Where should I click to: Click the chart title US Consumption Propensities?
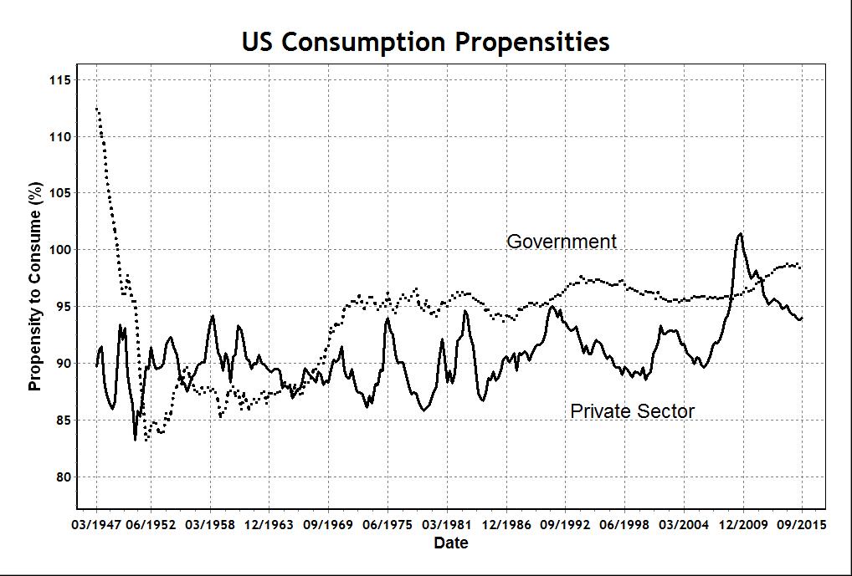[x=425, y=42]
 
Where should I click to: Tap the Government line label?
[x=562, y=242]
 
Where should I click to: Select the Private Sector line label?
[x=632, y=410]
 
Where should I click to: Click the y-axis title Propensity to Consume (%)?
[x=34, y=286]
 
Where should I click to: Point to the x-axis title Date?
[x=450, y=543]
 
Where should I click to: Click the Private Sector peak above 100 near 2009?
[x=740, y=234]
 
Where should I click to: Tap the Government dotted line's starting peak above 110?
[x=97, y=109]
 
